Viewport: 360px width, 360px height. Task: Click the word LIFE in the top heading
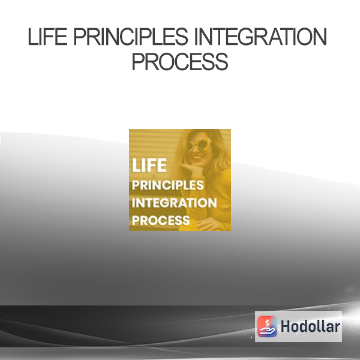[47, 37]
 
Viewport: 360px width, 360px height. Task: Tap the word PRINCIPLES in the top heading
[131, 37]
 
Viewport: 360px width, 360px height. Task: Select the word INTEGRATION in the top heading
[260, 37]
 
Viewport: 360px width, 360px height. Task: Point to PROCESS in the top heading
[180, 62]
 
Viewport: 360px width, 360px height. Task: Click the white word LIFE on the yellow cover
[149, 166]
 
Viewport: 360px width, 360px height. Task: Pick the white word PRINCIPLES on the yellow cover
[167, 185]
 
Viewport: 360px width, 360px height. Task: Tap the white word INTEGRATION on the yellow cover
[174, 203]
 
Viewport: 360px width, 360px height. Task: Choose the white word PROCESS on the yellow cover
[161, 220]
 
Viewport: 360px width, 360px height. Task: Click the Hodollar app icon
[267, 326]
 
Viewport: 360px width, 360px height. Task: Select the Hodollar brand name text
[310, 326]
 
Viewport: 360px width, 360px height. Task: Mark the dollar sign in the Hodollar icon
[267, 323]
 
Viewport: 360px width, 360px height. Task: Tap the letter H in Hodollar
[286, 326]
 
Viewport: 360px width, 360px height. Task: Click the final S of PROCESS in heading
[221, 62]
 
